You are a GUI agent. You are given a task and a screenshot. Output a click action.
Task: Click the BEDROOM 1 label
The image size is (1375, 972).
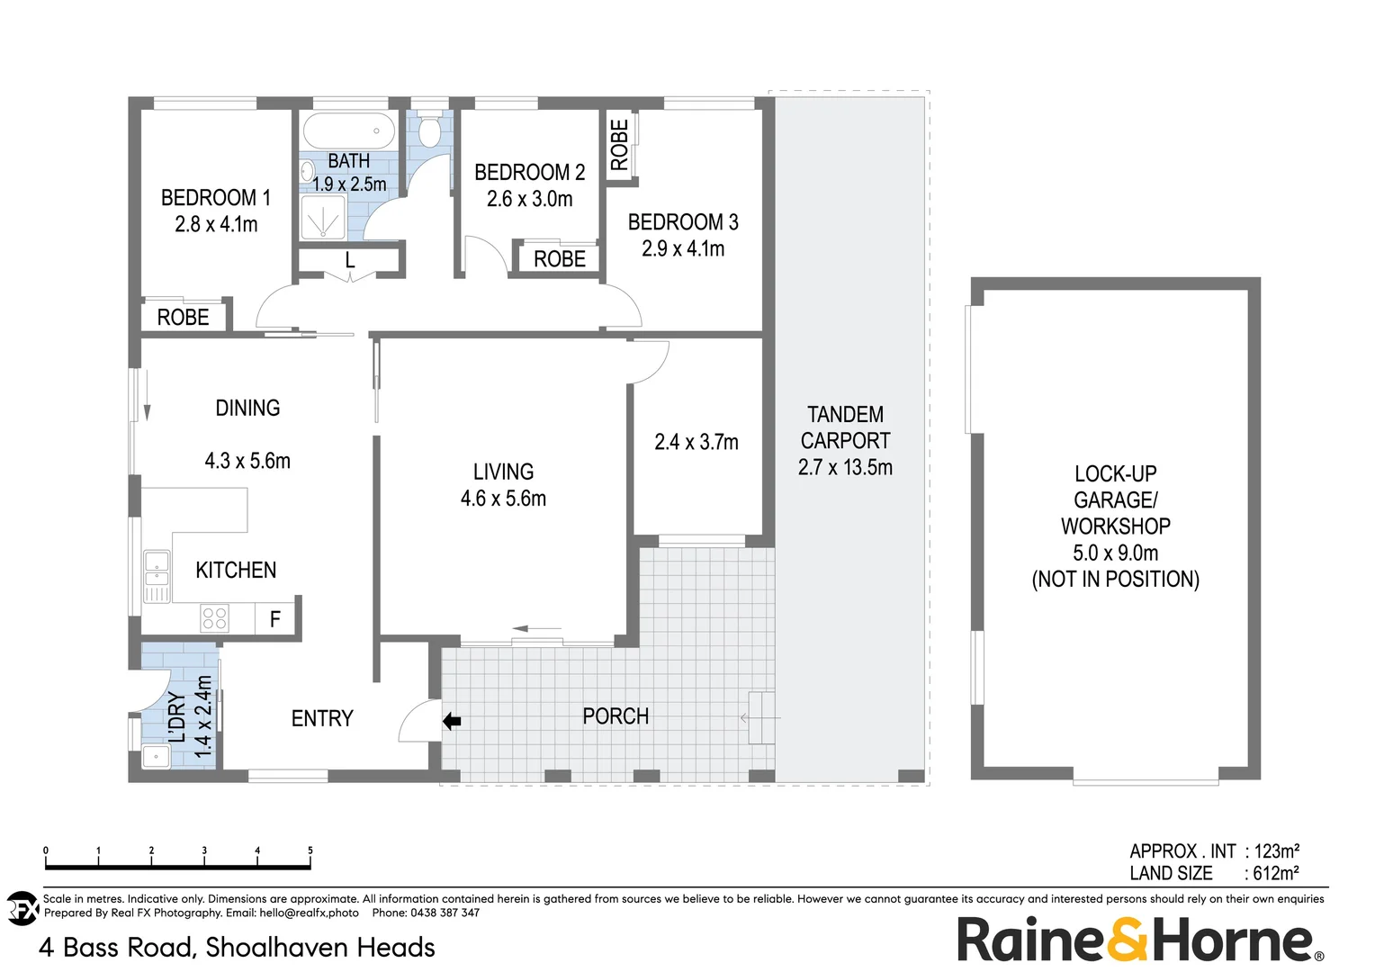click(215, 198)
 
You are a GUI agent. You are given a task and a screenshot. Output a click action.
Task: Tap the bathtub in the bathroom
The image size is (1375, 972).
click(349, 131)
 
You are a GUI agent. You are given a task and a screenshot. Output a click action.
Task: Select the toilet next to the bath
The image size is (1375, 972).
click(429, 131)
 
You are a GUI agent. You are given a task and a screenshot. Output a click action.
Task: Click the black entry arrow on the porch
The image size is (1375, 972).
click(452, 721)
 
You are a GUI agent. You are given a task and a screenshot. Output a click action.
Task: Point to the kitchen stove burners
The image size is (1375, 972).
click(214, 618)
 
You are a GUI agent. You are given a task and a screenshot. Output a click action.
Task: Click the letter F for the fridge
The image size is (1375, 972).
click(275, 619)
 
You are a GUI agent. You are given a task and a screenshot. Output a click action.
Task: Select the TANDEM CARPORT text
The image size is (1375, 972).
click(845, 427)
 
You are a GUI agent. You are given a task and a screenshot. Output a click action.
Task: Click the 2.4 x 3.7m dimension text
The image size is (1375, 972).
click(696, 442)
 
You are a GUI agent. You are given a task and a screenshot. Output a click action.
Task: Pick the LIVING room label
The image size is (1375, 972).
click(503, 472)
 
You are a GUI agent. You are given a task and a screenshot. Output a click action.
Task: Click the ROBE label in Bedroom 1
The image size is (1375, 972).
click(183, 318)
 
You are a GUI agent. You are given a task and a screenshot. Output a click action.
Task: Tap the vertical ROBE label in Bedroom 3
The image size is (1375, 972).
click(619, 145)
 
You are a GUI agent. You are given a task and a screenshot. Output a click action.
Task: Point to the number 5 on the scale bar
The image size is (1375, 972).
click(310, 850)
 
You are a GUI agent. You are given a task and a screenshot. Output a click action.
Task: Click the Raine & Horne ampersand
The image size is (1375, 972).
click(1128, 940)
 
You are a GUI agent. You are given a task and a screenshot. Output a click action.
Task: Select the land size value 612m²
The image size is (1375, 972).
click(1276, 873)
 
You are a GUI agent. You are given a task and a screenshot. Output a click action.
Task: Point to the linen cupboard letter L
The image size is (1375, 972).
click(350, 261)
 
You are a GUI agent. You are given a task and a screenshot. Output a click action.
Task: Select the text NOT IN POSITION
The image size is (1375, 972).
click(1115, 580)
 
